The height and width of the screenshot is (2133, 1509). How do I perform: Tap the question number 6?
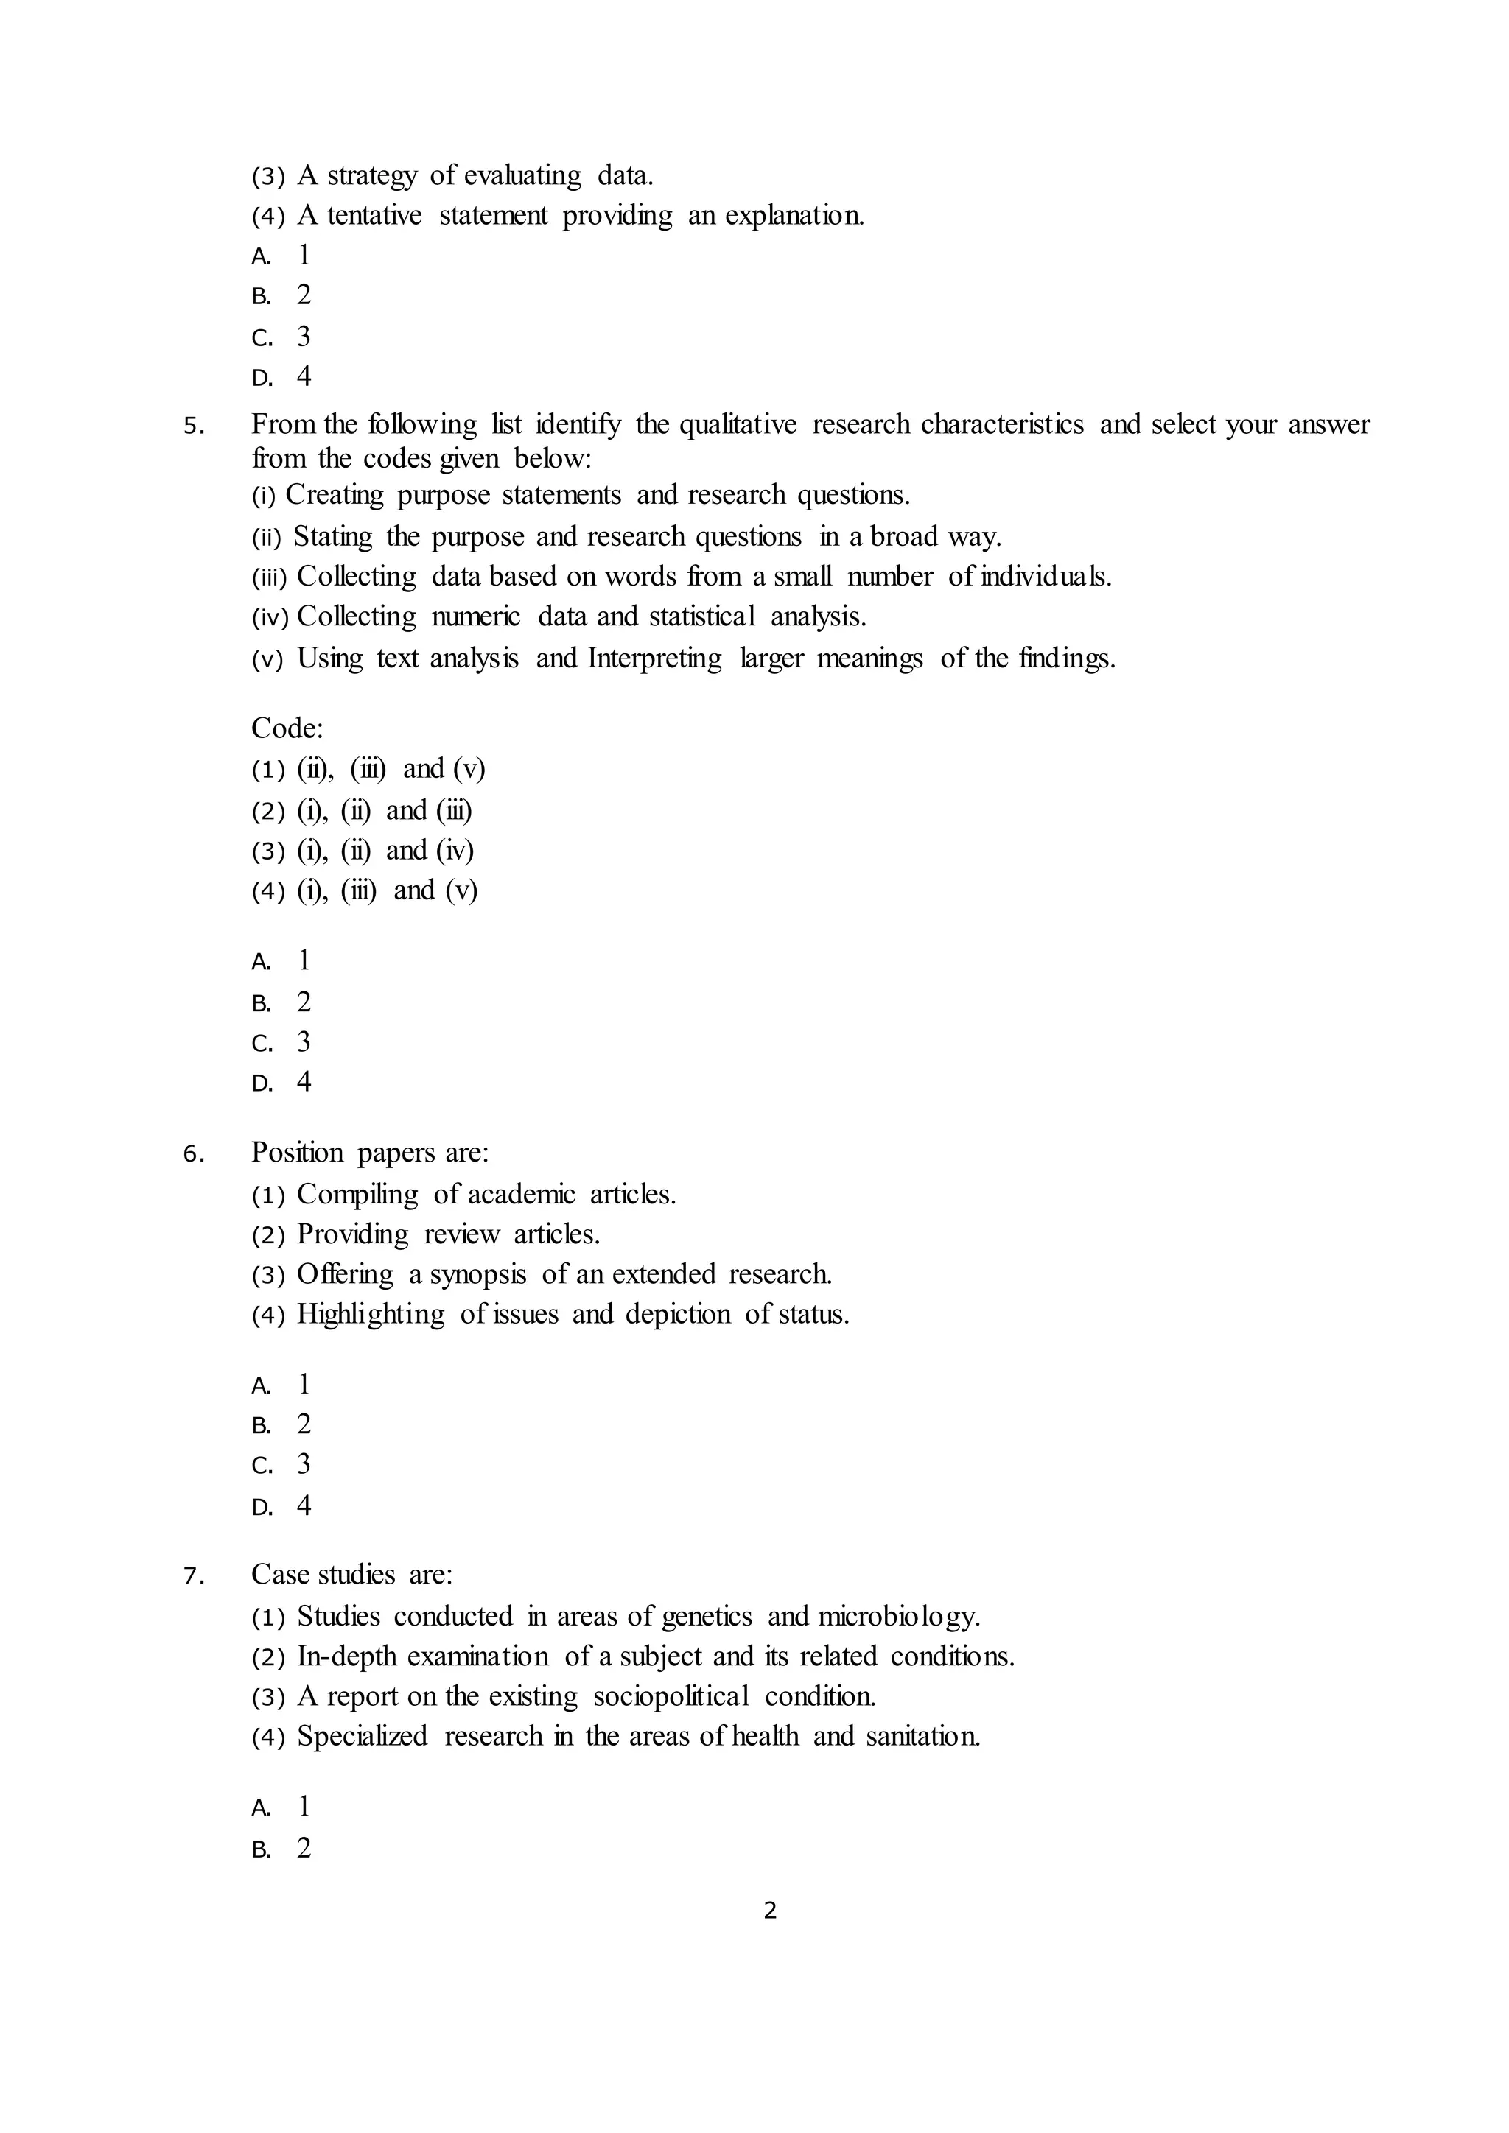(x=192, y=1155)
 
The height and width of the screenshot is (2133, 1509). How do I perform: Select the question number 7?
(x=192, y=1576)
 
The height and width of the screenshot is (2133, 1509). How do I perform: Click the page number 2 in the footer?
(x=769, y=1911)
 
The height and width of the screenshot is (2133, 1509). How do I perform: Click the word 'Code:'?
(x=287, y=728)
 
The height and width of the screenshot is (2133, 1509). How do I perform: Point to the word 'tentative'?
(x=374, y=216)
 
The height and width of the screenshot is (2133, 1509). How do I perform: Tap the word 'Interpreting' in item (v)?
(x=654, y=658)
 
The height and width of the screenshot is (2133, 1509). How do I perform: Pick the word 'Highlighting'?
(x=371, y=1315)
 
